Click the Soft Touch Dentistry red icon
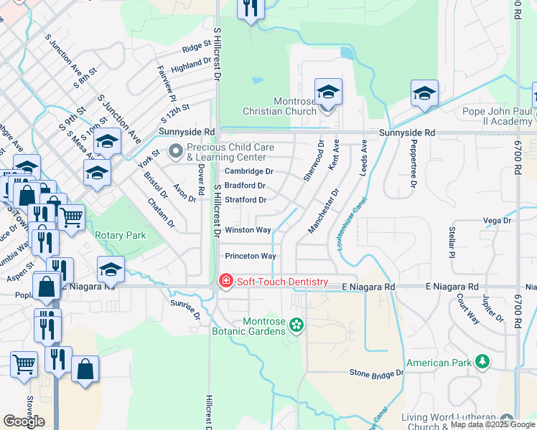coord(225,280)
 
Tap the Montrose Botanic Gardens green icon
coord(295,327)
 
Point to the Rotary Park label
coord(121,235)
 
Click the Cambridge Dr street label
coord(249,171)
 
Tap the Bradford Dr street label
coord(246,186)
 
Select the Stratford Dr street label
coord(246,200)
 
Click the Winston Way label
coord(248,230)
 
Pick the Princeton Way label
coord(251,256)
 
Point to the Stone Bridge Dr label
coord(376,373)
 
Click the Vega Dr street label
coord(496,221)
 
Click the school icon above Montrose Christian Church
coord(328,92)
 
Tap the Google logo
coord(24,421)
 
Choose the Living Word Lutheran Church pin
coord(508,419)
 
